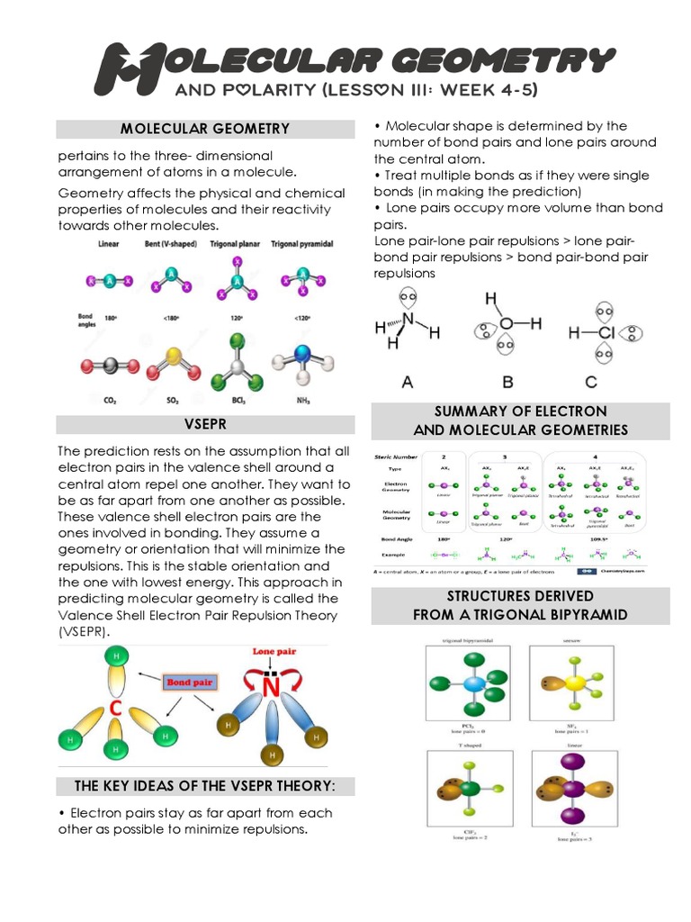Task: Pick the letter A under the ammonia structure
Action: [x=408, y=382]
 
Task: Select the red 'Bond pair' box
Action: [x=188, y=682]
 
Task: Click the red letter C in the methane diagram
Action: [x=115, y=710]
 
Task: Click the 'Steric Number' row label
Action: [x=397, y=456]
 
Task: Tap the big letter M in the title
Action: [x=125, y=67]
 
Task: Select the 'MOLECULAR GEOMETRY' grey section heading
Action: [x=206, y=129]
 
